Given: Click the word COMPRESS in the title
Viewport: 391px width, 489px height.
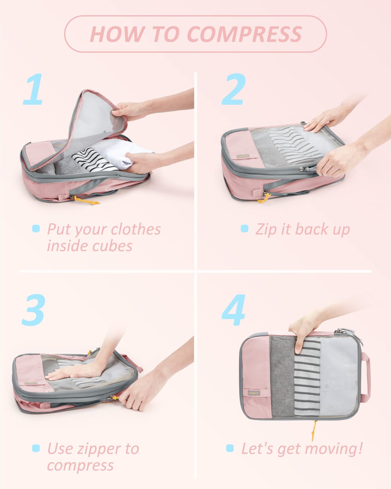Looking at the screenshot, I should (244, 34).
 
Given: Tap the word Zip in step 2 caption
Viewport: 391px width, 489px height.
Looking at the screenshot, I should (266, 230).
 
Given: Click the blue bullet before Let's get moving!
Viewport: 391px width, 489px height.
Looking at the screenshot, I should (230, 448).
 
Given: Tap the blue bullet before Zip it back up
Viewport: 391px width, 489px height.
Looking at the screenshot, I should (244, 228).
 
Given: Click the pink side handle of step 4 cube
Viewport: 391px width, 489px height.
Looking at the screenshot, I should (366, 377).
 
